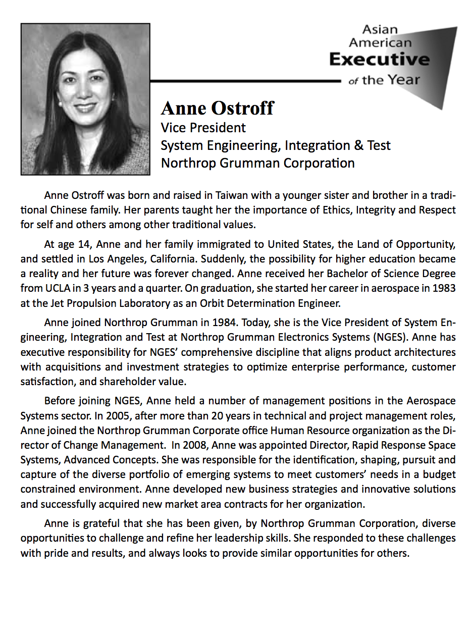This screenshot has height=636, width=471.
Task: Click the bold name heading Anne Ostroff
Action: [x=218, y=108]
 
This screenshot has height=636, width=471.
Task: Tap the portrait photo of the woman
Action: [x=85, y=99]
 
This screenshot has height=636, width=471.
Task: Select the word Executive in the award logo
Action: [x=379, y=60]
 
